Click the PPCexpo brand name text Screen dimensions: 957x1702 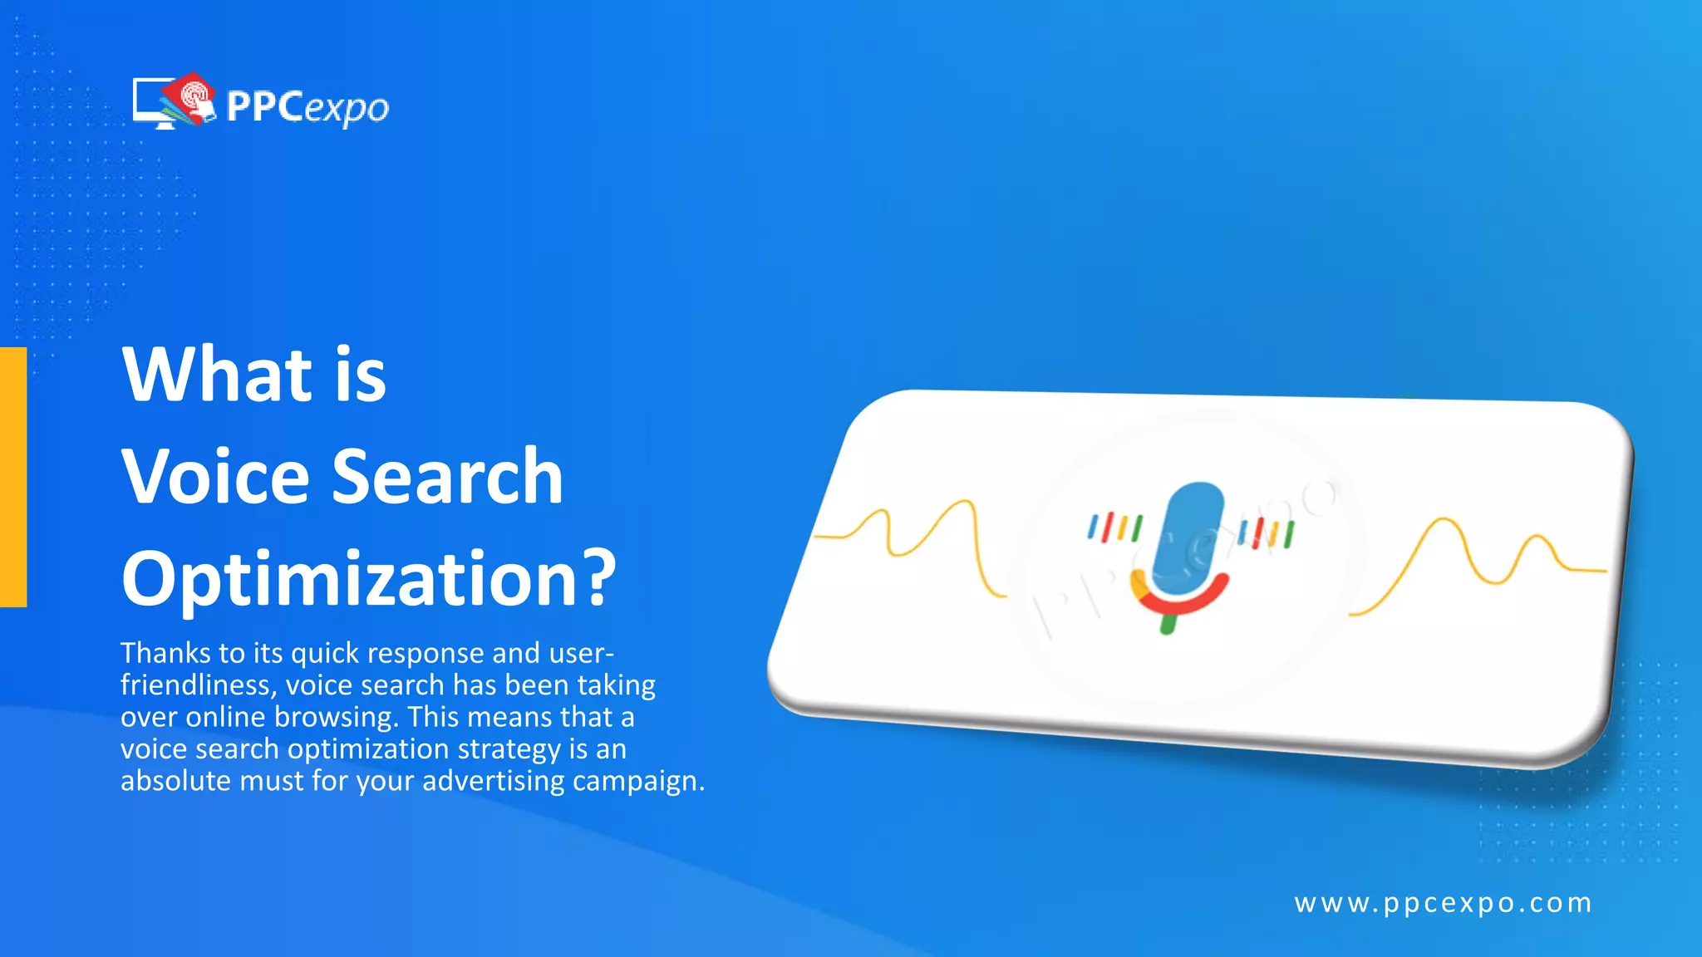(307, 107)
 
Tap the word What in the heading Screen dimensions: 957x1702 (217, 375)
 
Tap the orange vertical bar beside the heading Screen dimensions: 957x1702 (13, 477)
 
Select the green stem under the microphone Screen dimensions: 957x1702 (1168, 621)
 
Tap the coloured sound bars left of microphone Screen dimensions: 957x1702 (1115, 528)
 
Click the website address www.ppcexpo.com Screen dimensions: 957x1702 (1443, 903)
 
